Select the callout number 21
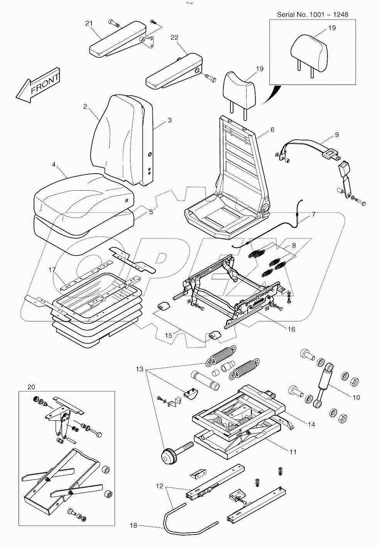(x=89, y=24)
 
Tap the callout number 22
(x=174, y=37)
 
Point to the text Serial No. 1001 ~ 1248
(x=312, y=15)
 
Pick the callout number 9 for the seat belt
(x=337, y=135)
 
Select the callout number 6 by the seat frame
(x=272, y=130)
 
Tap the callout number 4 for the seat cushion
(x=54, y=165)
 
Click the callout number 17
(x=52, y=269)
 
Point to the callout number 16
(x=291, y=329)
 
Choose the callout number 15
(x=169, y=335)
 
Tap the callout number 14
(x=311, y=424)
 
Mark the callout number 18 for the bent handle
(x=133, y=526)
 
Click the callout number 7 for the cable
(x=313, y=214)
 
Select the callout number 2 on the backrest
(x=85, y=106)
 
